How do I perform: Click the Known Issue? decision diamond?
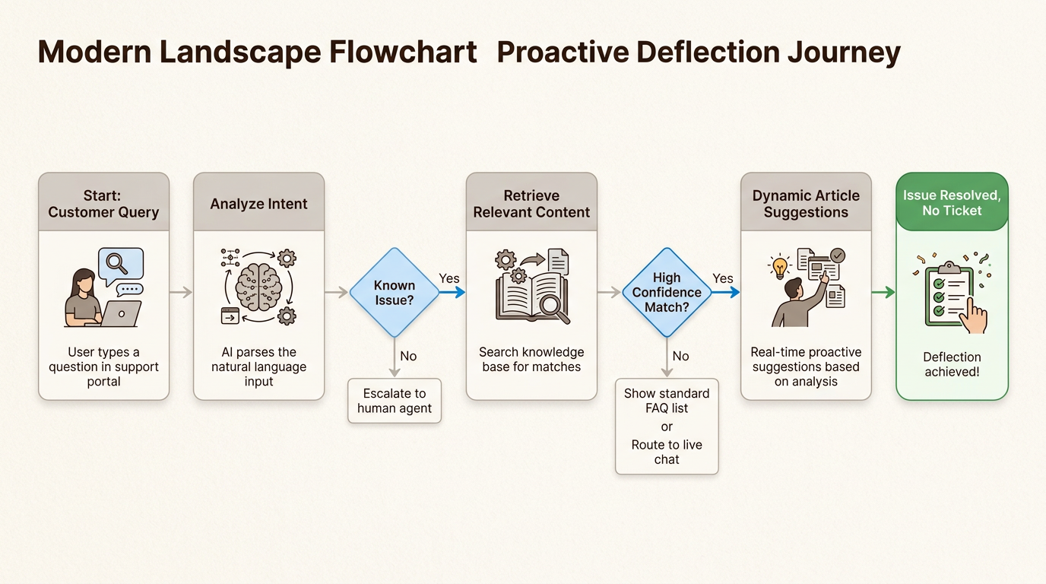click(395, 292)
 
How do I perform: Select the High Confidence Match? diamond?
click(667, 292)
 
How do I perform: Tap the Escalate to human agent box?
click(395, 401)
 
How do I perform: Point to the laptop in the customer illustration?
click(120, 313)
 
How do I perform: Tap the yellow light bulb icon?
click(780, 267)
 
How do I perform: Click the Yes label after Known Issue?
click(449, 278)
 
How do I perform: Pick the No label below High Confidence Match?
click(680, 356)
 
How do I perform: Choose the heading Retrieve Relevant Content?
click(531, 204)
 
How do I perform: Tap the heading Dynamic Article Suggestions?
click(806, 204)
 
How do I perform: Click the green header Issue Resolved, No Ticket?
click(952, 203)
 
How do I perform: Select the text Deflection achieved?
click(952, 364)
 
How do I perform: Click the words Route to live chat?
click(667, 452)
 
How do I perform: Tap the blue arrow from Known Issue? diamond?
click(453, 292)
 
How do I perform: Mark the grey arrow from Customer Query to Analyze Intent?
click(181, 292)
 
